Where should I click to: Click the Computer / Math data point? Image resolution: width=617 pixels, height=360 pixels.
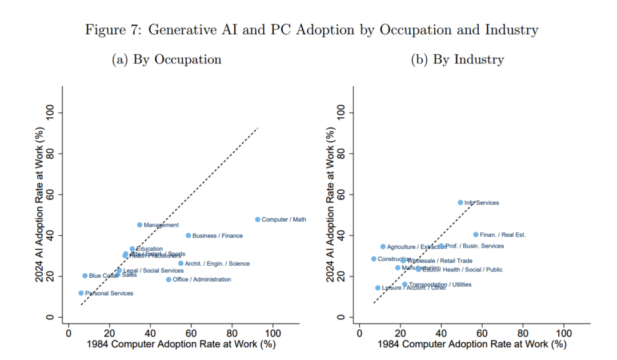[258, 219]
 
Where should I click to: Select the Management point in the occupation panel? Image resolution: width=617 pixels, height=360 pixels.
[139, 225]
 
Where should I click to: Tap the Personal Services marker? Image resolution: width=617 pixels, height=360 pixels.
[81, 293]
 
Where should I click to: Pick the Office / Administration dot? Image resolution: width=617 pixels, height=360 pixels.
[169, 279]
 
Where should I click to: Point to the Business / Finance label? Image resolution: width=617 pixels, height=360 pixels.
[217, 235]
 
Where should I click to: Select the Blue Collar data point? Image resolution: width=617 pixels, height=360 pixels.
[85, 275]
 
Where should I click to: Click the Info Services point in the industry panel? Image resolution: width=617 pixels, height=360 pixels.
[460, 202]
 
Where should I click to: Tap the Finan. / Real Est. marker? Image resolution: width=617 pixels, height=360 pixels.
[475, 234]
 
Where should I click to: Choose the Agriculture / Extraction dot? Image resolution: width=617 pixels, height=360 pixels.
[383, 247]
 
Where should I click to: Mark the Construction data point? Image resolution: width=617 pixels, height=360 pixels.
[374, 259]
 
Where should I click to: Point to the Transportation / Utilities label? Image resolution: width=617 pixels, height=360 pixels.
[440, 284]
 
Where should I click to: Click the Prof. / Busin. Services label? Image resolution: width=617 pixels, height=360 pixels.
[474, 246]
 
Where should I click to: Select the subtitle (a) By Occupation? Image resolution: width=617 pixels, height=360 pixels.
[166, 59]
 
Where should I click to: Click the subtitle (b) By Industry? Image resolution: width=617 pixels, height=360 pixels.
[457, 59]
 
